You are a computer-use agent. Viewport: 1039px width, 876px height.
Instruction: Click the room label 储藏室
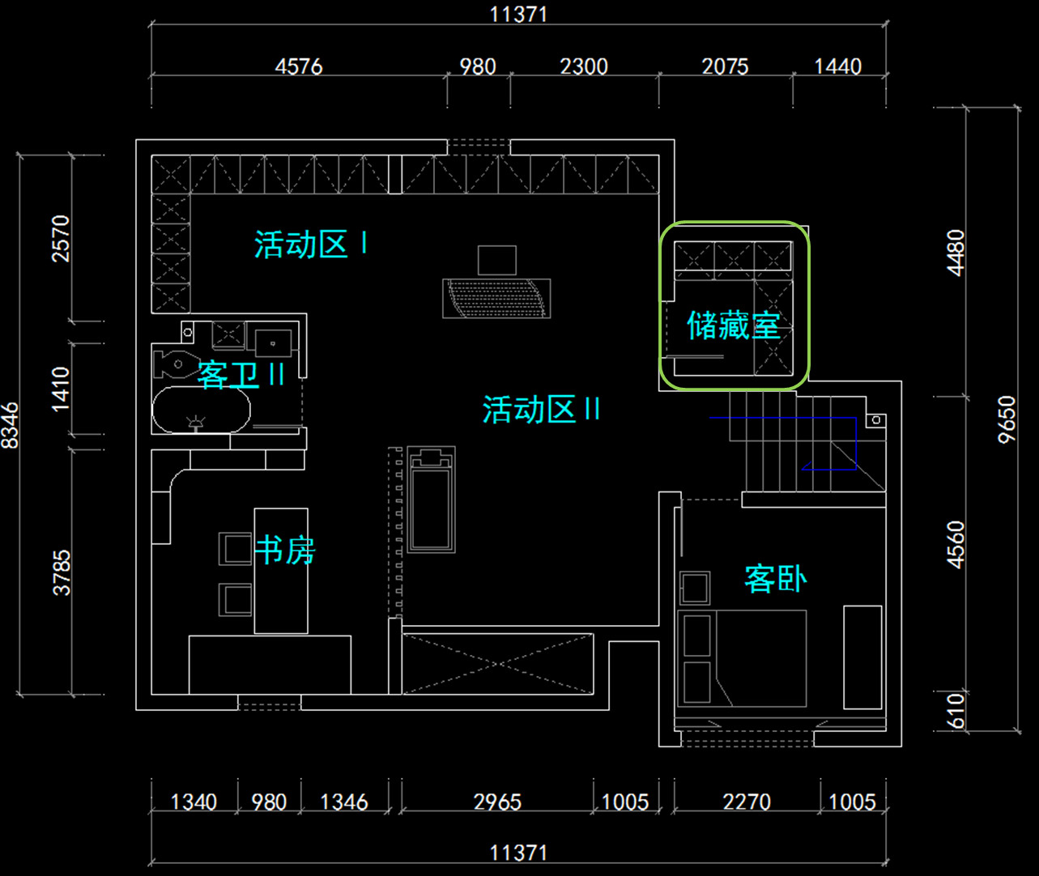733,325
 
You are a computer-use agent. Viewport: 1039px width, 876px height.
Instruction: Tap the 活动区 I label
311,245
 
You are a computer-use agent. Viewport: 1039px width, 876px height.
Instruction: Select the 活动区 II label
541,410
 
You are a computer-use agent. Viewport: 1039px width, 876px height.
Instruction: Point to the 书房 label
285,550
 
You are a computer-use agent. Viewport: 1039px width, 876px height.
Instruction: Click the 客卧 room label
775,579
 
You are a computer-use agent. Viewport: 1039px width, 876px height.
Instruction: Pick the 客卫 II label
241,375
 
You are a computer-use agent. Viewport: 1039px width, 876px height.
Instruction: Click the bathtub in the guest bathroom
201,410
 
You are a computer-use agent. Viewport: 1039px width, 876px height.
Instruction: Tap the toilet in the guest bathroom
174,364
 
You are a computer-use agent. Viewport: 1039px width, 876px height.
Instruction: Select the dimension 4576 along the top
299,66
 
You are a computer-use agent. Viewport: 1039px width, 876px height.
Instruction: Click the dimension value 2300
584,66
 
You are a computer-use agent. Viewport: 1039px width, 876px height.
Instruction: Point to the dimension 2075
725,66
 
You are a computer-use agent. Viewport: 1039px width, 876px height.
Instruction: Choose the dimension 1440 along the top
837,66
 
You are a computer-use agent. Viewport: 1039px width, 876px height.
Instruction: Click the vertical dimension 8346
10,426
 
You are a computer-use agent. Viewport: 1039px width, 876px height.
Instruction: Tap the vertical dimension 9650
1007,419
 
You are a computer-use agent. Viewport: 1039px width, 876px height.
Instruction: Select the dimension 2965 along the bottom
497,802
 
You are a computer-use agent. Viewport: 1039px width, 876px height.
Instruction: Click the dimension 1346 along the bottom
344,802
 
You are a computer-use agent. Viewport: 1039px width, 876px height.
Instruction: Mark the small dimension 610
956,711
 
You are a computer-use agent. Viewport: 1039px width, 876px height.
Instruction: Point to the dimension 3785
62,572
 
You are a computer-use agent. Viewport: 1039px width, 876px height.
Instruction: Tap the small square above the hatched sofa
497,260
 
